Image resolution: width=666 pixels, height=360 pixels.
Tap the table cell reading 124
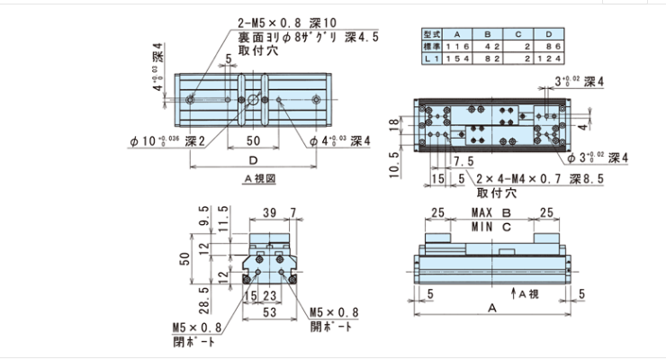tap(549, 58)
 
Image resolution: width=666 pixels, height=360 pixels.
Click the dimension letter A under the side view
tap(491, 307)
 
